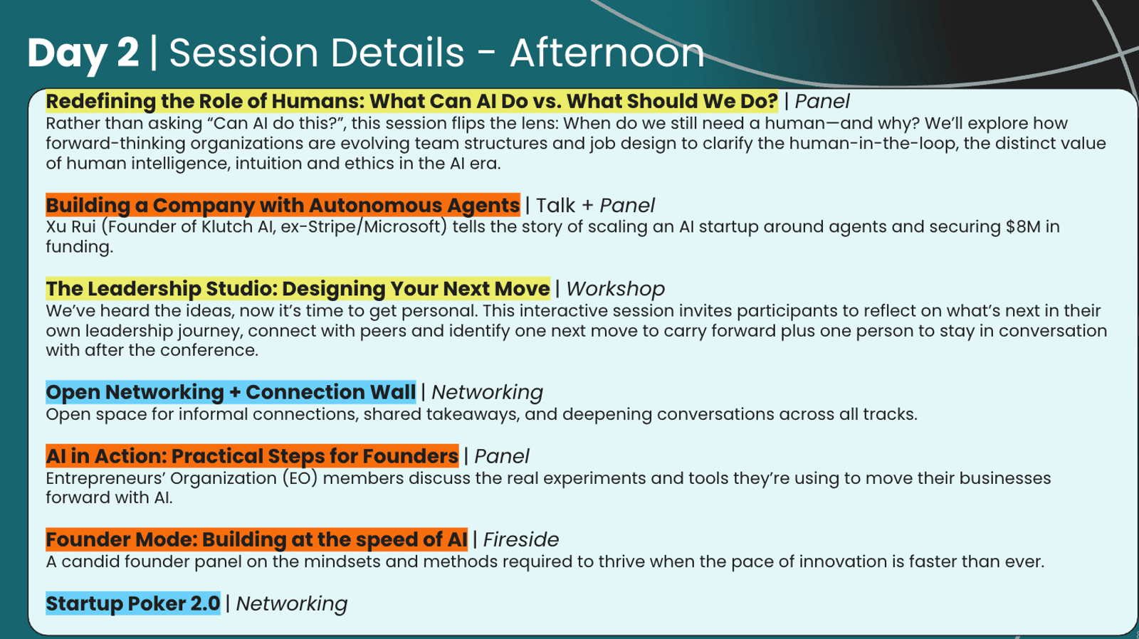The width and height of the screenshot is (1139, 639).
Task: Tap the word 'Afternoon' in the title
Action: point(607,53)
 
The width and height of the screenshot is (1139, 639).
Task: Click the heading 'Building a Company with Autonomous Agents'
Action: point(283,206)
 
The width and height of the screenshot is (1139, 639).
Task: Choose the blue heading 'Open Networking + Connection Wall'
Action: point(231,392)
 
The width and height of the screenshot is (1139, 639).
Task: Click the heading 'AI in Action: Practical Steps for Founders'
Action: point(252,456)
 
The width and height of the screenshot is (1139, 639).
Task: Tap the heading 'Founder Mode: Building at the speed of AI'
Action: point(256,539)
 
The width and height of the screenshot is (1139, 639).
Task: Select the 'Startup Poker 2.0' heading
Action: point(132,603)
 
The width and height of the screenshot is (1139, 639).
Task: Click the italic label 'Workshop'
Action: point(615,289)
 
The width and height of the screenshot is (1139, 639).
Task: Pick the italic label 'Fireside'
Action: point(520,539)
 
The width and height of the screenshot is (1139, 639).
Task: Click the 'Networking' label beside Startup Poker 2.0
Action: point(291,604)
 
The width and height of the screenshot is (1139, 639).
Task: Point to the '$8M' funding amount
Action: point(1023,226)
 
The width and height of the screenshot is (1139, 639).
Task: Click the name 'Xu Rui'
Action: point(70,226)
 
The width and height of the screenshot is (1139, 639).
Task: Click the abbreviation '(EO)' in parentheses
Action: point(300,478)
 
